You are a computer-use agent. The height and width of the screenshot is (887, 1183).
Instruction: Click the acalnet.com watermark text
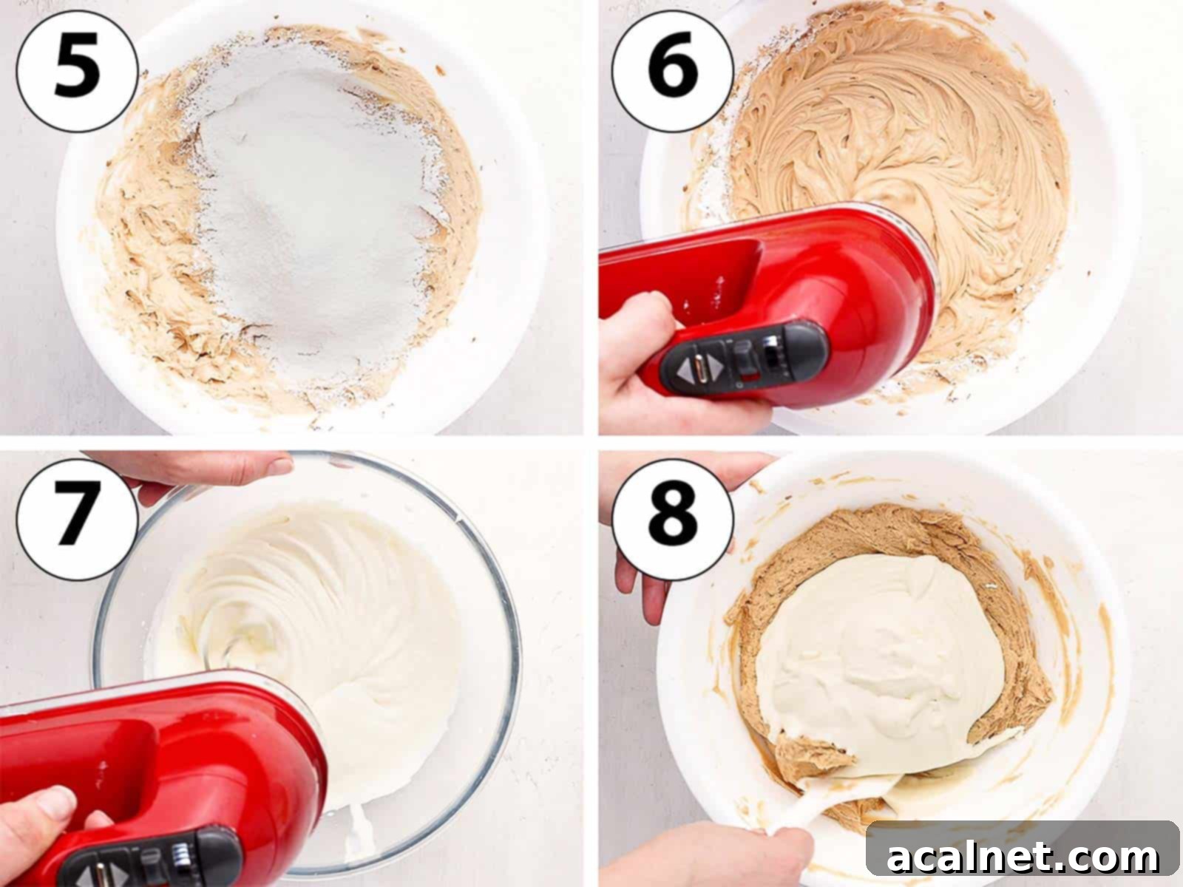pos(1023,857)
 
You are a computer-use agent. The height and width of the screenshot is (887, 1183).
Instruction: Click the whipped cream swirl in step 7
pos(311,591)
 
